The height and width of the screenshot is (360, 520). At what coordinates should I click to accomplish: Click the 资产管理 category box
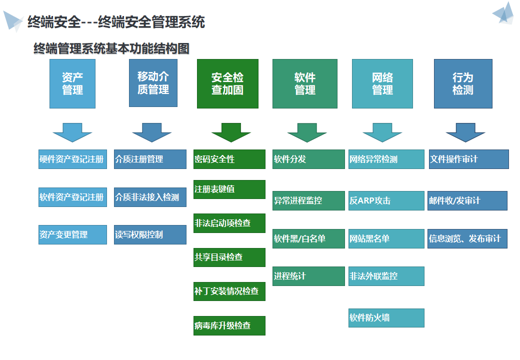pos(72,83)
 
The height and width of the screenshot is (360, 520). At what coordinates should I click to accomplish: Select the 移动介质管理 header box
pos(153,83)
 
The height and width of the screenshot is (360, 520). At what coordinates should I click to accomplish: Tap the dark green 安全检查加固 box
pos(227,83)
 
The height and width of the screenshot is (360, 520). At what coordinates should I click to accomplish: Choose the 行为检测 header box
pos(463,83)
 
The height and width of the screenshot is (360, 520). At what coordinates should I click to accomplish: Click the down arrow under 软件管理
pos(307,132)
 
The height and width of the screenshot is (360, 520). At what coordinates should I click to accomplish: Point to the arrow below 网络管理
pos(382,132)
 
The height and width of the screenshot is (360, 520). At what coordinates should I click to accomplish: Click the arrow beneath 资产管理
pos(72,132)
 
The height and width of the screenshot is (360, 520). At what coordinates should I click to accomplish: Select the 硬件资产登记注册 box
pos(72,159)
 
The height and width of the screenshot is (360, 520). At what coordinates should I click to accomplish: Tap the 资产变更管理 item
pos(72,234)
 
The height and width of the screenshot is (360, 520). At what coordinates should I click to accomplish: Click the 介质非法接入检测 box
pos(150,197)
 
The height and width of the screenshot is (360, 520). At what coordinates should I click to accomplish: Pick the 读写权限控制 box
pos(150,234)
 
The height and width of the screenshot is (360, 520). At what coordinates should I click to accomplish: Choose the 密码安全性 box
pos(229,159)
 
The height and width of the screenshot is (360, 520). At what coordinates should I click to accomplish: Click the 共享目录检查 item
pos(229,257)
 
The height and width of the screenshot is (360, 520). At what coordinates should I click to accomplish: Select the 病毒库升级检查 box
pos(229,325)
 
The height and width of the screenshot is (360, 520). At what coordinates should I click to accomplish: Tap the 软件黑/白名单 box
pos(308,238)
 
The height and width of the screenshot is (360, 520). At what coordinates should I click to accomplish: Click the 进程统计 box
pos(308,276)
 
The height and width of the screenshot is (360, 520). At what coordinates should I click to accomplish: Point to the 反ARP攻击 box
pos(386,200)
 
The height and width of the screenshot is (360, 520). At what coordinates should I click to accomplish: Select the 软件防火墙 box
pos(386,318)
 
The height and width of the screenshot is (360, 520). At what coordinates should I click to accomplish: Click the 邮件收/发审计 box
pos(467,200)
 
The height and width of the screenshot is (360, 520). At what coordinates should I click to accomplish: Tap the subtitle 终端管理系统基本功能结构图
pos(111,48)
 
